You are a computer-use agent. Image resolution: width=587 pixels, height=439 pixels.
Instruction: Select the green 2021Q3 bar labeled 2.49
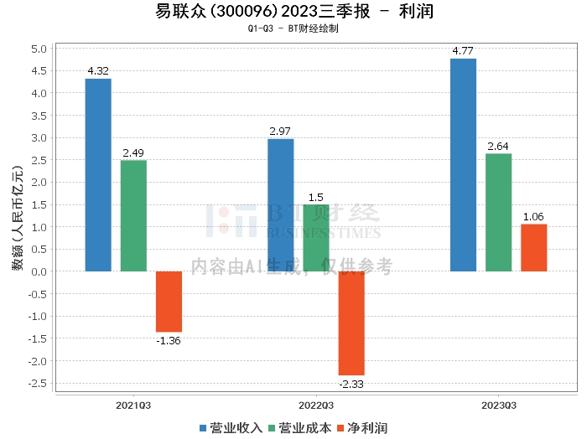[133, 215]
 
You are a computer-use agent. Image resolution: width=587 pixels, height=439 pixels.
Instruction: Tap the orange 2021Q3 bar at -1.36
[169, 302]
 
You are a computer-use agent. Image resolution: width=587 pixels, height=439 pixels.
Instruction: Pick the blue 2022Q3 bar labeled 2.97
[280, 204]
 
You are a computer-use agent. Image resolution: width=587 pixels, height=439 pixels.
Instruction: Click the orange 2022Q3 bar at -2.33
[351, 323]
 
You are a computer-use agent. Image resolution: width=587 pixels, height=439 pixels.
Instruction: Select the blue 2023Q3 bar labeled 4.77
[463, 164]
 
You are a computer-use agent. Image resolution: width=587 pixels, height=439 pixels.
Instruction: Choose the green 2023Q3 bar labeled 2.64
[498, 212]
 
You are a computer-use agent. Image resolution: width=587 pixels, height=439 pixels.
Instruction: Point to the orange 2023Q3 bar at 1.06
[533, 247]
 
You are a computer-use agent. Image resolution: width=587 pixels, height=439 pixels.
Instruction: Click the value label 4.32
[98, 71]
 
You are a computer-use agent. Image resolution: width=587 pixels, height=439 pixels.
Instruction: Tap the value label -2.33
[351, 384]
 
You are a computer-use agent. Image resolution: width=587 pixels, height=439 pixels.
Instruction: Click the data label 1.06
[533, 217]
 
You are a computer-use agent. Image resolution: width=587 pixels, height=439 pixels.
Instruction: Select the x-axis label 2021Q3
[133, 405]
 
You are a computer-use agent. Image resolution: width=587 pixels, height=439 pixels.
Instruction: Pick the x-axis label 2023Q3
[498, 405]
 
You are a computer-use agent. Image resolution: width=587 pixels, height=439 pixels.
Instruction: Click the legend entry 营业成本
[299, 428]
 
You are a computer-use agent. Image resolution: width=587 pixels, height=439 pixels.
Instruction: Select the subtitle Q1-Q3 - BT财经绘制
[293, 28]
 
